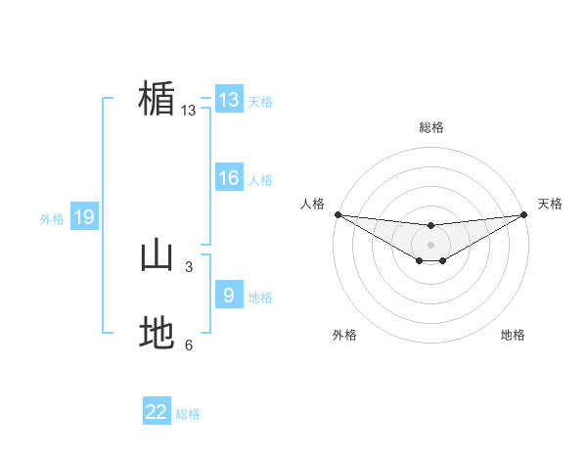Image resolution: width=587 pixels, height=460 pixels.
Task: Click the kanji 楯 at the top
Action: click(157, 100)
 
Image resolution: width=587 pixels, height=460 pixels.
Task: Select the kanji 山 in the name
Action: click(157, 256)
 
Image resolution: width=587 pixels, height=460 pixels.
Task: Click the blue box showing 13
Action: click(229, 100)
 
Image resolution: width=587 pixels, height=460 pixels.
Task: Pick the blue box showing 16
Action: click(229, 178)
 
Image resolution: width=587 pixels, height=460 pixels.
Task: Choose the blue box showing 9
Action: click(229, 296)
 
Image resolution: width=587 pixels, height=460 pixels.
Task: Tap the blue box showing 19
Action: click(84, 218)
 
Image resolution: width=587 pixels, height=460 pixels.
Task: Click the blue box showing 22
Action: click(157, 413)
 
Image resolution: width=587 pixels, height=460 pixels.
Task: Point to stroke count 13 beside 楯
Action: click(189, 111)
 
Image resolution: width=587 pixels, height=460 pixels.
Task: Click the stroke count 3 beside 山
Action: click(189, 266)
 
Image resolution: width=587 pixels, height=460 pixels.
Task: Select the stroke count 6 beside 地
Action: click(189, 345)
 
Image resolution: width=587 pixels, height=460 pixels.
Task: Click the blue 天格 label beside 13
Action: click(260, 102)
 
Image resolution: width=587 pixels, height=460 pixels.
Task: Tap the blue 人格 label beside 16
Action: click(260, 180)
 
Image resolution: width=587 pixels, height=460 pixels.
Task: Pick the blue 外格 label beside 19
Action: click(52, 219)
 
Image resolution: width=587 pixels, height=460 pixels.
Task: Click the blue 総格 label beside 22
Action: click(188, 414)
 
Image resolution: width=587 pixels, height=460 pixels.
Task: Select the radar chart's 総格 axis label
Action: click(431, 127)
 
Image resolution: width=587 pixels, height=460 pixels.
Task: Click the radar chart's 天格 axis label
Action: click(550, 204)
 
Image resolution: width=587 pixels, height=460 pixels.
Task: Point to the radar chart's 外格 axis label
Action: click(344, 336)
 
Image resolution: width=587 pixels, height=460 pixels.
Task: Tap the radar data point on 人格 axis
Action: click(338, 214)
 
